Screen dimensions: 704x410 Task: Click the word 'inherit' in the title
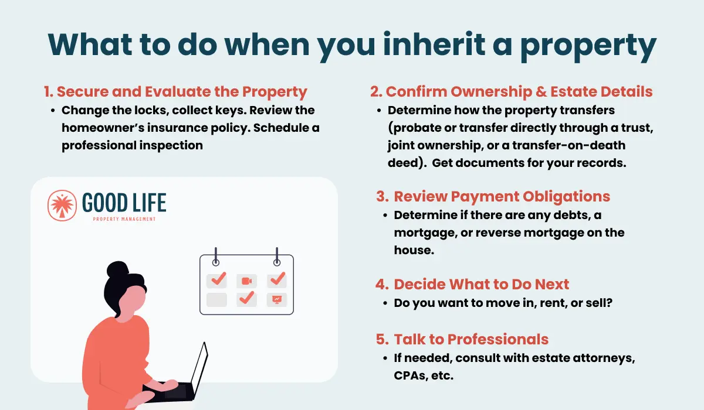tap(434, 44)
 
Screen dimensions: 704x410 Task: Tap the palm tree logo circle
tap(62, 206)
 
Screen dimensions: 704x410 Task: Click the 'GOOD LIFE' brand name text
tap(124, 203)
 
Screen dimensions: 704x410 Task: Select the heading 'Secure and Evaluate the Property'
tap(182, 91)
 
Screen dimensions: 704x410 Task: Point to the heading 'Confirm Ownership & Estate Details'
tap(519, 91)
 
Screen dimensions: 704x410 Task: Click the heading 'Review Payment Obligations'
tap(502, 196)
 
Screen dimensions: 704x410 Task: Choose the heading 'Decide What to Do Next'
tap(482, 284)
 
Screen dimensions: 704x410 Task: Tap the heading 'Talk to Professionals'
tap(471, 339)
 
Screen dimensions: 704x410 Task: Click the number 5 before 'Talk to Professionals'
tap(382, 339)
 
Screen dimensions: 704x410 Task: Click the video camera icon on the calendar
tap(247, 281)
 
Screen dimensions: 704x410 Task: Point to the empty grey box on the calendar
tap(216, 299)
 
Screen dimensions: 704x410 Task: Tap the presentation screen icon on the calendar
tap(276, 299)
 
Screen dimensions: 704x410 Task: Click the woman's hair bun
tap(117, 269)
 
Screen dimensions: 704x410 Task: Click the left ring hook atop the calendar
tap(216, 257)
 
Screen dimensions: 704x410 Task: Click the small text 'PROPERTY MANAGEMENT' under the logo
tap(124, 219)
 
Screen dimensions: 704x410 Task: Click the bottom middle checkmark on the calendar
tap(247, 298)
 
